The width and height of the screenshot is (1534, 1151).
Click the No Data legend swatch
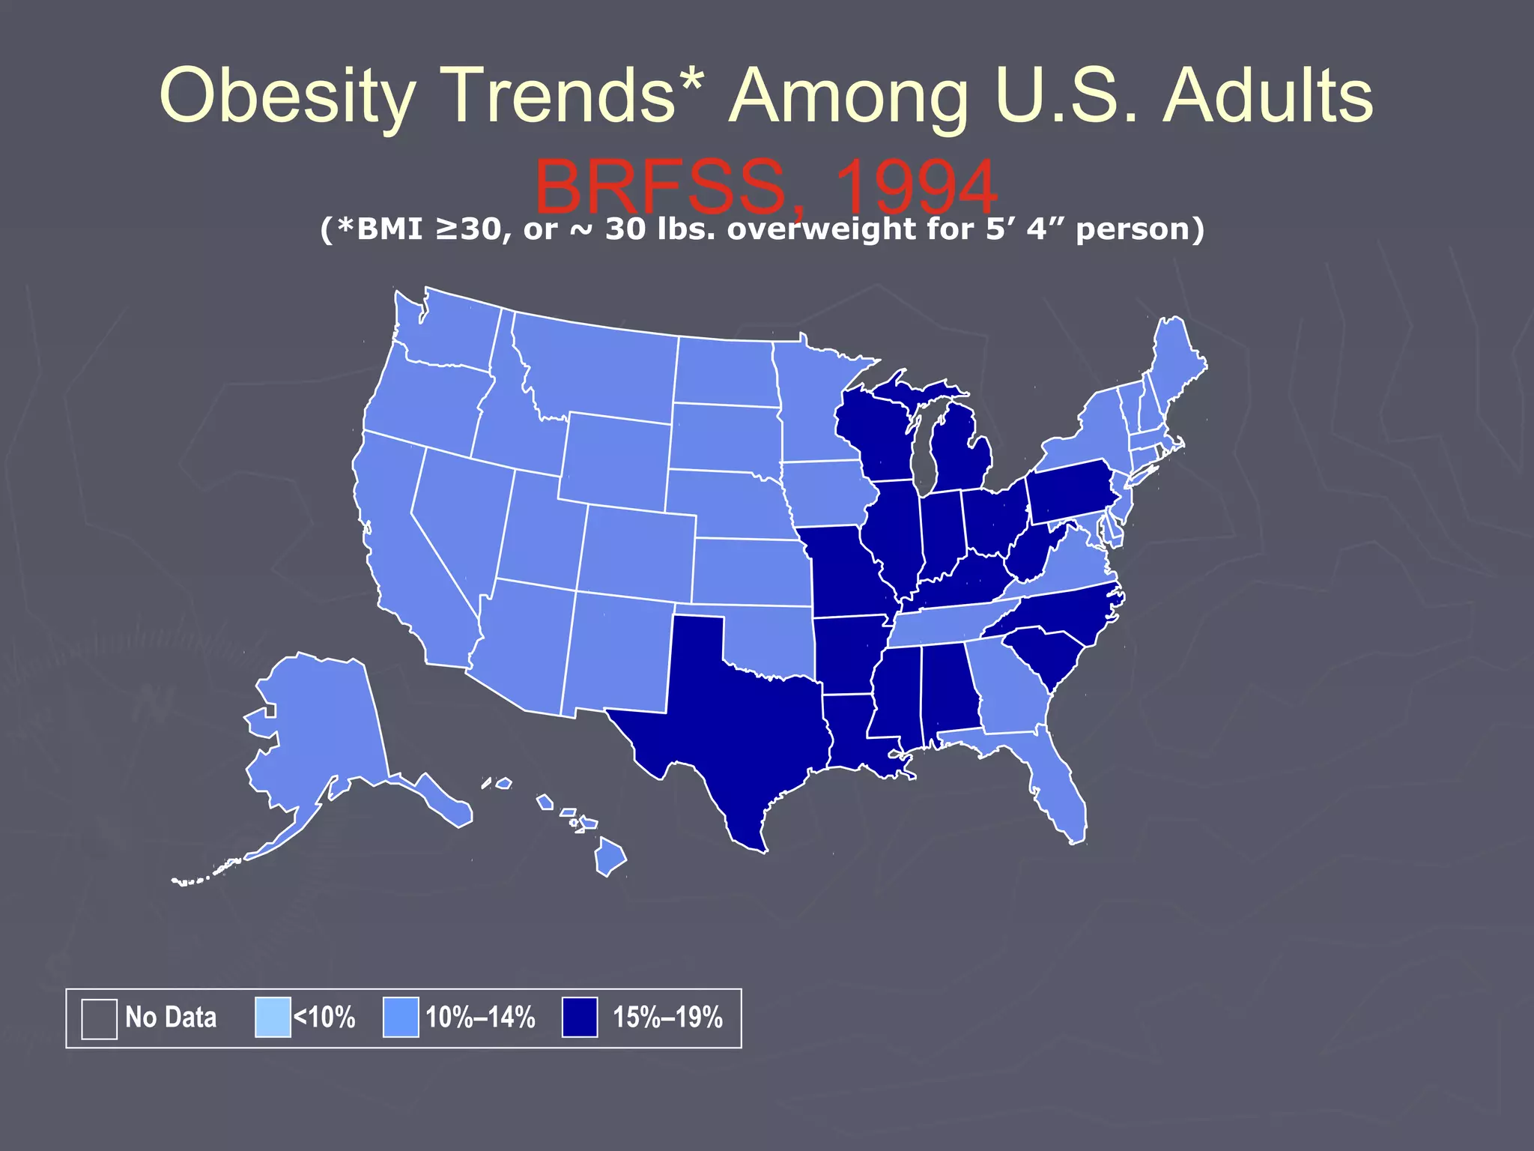99,1018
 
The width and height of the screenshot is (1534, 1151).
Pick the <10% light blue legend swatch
273,1018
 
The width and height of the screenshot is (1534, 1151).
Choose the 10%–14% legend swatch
401,1018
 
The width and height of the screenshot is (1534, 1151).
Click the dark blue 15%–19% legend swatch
580,1018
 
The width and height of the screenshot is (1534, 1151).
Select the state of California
404,547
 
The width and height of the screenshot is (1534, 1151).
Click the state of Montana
599,367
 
